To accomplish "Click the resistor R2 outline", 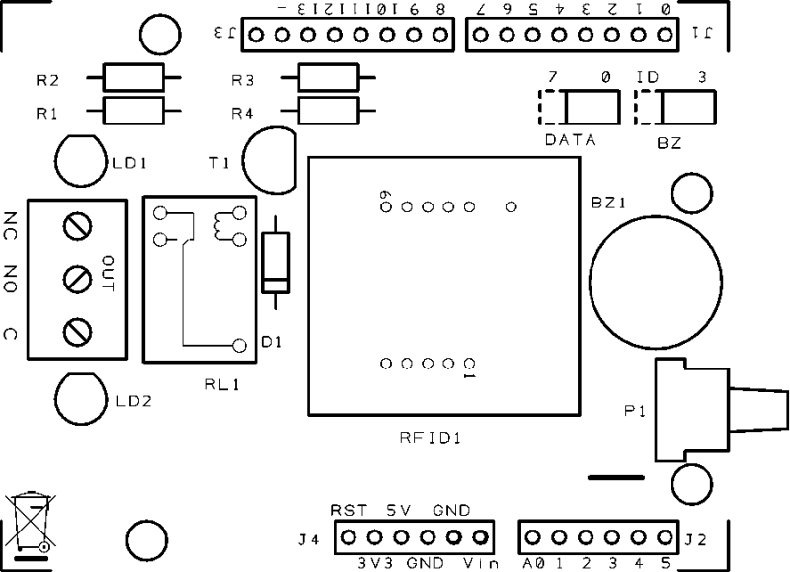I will click(x=131, y=77).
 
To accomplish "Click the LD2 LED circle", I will click(x=80, y=396).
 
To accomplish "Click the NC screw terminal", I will click(x=75, y=227).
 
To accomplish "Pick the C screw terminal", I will click(x=75, y=332).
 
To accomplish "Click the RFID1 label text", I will click(x=432, y=437).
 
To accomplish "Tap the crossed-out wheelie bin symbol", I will click(x=32, y=522).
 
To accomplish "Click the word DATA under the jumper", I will click(x=571, y=140).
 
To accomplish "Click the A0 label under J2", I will click(x=533, y=564).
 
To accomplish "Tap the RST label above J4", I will click(x=349, y=510).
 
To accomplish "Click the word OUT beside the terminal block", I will click(x=108, y=274).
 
